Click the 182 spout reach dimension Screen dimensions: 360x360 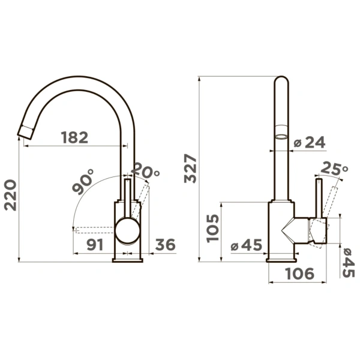coord(74,137)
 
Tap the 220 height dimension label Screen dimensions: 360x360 coord(11,195)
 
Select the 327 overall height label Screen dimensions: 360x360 coord(190,169)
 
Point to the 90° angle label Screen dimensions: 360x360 coord(83,182)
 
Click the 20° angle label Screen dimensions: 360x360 coord(146,170)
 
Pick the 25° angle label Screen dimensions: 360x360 coord(335,168)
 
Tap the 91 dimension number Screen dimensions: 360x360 coord(95,245)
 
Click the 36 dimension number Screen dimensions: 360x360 coord(166,245)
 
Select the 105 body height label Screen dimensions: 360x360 coord(212,228)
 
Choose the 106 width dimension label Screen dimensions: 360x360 coord(299,274)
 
